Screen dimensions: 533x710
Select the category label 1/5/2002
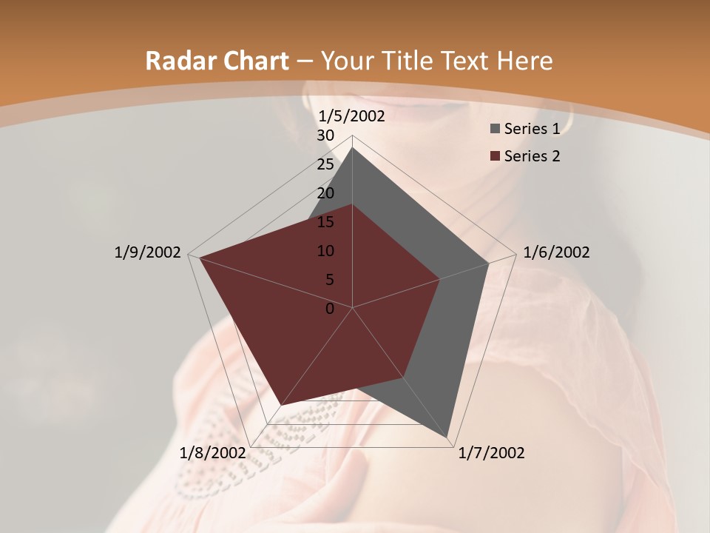(351, 116)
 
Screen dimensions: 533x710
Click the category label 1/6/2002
(556, 252)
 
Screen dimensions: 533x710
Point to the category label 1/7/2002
(491, 453)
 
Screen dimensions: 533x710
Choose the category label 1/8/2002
(213, 453)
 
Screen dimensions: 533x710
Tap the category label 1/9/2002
(147, 252)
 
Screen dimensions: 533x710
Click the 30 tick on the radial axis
(325, 135)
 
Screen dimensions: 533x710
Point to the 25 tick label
(325, 164)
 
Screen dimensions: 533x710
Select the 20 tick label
(325, 193)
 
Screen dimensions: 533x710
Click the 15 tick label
(325, 222)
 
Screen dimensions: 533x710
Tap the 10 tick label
(325, 251)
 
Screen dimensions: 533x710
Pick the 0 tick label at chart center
(330, 309)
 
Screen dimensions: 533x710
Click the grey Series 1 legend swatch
(494, 129)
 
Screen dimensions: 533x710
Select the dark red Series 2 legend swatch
(494, 156)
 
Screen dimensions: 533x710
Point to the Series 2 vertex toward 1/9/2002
(200, 257)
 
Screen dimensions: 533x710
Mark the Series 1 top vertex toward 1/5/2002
(353, 148)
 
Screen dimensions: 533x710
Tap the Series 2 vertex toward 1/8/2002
(282, 405)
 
